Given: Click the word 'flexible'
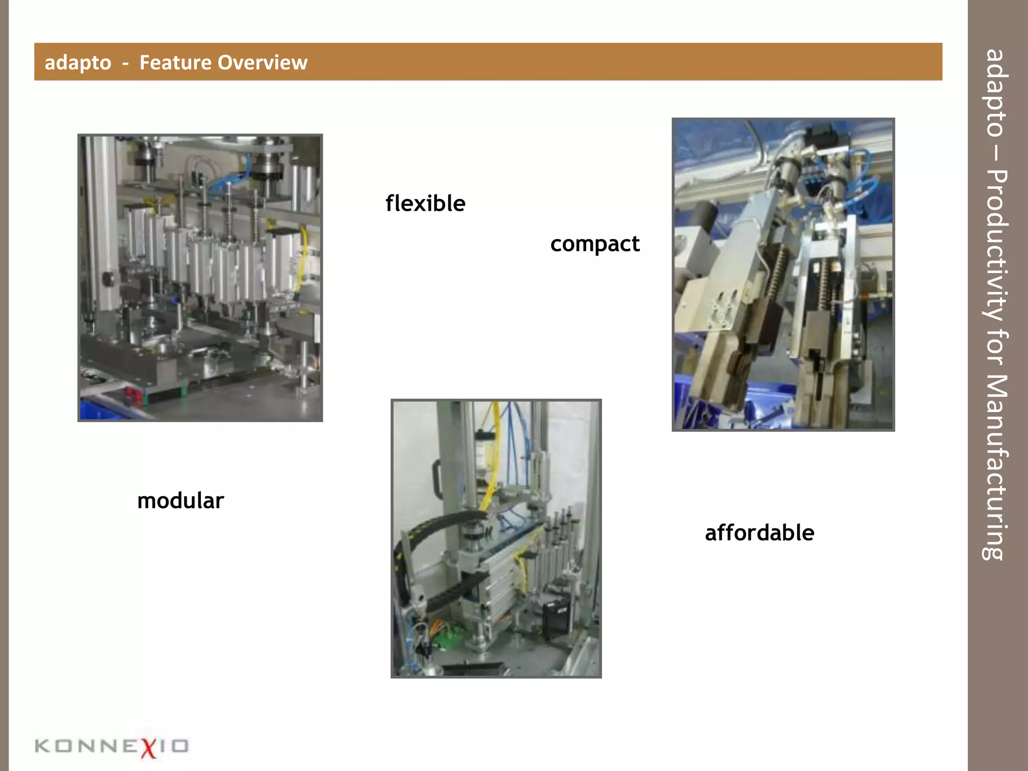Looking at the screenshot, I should pos(425,203).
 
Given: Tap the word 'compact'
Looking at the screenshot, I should pos(595,244).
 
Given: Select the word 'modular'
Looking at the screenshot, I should pos(180,500).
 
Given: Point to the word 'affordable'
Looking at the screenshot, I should pos(759,533).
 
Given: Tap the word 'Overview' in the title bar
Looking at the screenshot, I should pos(262,62).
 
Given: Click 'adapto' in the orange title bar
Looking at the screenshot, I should pos(78,63).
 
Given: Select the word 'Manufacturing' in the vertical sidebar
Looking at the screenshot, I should pos(995,467).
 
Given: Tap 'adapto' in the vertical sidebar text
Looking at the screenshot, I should pos(995,93).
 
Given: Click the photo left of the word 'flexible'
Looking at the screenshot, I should pos(200,278).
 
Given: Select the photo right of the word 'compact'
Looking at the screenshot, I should pos(783,274).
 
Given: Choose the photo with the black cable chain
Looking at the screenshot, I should pos(496,538).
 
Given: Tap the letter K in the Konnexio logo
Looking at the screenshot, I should pos(43,746).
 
